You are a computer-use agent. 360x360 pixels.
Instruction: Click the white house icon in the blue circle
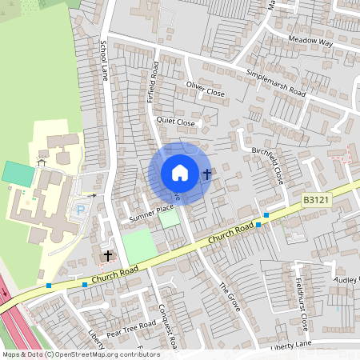coord(180,173)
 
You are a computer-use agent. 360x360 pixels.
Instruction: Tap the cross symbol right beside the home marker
coord(206,174)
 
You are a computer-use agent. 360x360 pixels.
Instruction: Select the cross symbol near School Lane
coord(108,255)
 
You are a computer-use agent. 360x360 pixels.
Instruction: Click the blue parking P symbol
coord(80,211)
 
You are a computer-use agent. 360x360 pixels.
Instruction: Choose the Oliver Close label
coord(205,89)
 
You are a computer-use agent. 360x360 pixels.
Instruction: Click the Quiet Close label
coord(176,122)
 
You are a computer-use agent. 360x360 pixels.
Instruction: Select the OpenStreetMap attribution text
coord(80,354)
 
